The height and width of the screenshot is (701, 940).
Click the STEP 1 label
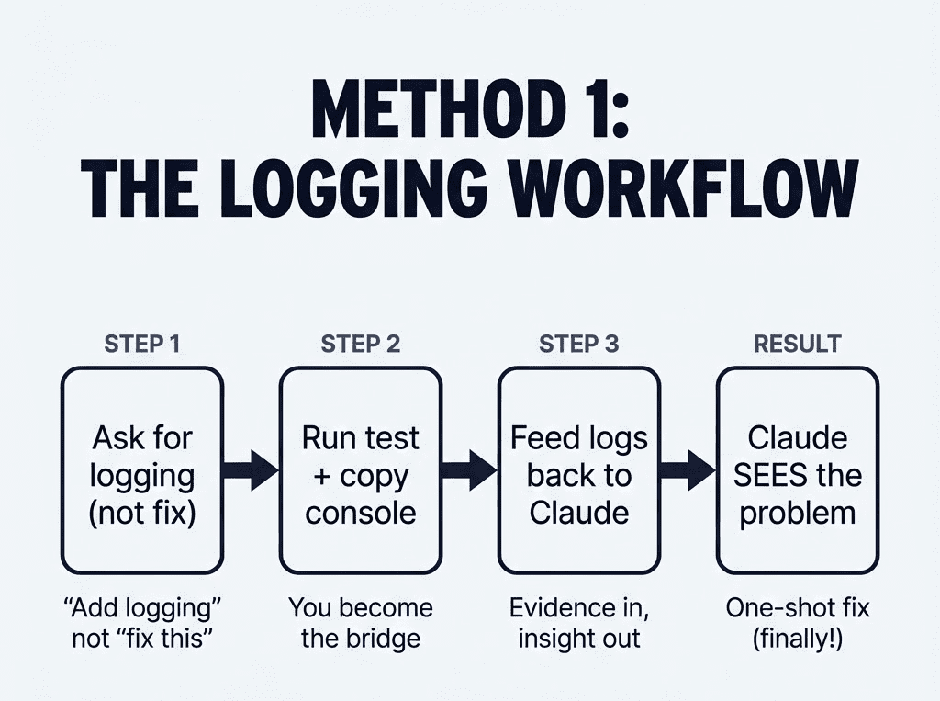click(x=142, y=345)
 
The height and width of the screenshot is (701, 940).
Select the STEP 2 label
click(x=361, y=345)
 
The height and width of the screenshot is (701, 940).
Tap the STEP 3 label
click(x=578, y=345)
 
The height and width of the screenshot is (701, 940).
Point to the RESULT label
click(x=797, y=345)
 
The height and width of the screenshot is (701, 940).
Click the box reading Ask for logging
click(x=142, y=469)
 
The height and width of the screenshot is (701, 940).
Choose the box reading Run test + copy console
click(x=361, y=469)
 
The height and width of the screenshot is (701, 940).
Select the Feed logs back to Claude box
click(x=578, y=469)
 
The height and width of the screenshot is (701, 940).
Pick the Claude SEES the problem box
click(x=797, y=469)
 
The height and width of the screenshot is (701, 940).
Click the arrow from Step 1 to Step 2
click(x=251, y=470)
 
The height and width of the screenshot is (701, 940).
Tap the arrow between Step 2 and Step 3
click(x=469, y=470)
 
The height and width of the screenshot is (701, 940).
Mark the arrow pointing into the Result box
click(x=688, y=470)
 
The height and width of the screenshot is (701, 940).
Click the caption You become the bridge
click(x=361, y=623)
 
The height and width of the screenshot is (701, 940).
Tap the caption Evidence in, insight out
click(x=578, y=623)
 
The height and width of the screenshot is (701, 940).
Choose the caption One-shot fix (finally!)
click(x=797, y=623)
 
